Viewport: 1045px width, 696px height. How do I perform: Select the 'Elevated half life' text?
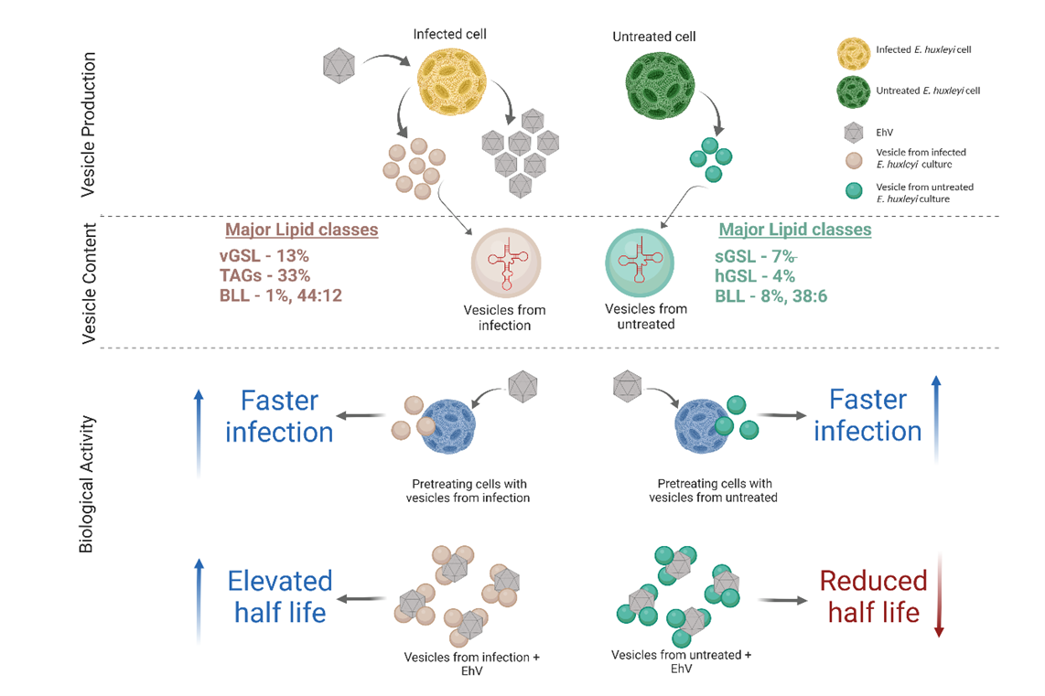(x=280, y=595)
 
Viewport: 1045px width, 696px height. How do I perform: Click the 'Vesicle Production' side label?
(x=89, y=124)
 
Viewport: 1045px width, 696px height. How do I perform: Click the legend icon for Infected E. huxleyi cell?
(x=854, y=50)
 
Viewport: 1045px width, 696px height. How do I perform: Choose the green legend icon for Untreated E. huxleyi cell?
(x=854, y=91)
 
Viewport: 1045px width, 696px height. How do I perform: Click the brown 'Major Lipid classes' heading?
(x=302, y=230)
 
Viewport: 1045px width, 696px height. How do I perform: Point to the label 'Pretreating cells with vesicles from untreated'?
(x=715, y=490)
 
